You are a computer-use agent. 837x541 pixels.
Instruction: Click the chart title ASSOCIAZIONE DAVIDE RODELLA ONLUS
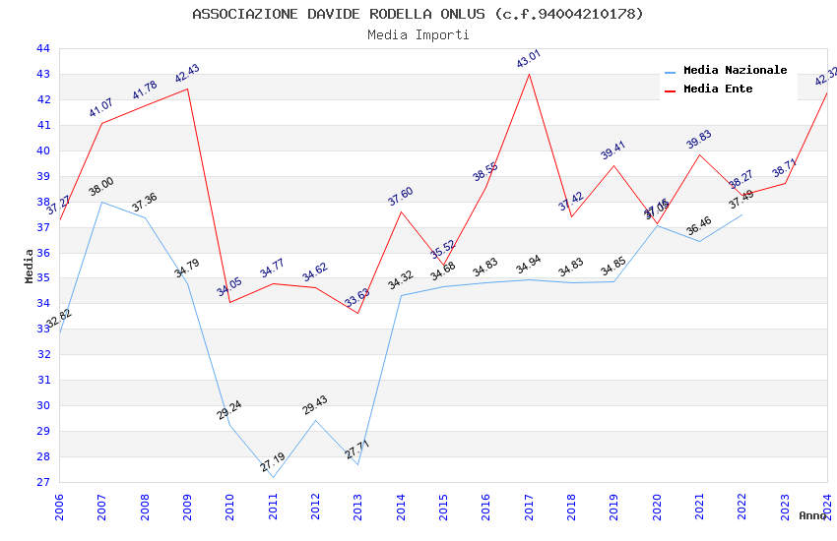tap(418, 14)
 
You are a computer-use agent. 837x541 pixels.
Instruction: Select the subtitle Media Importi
tap(418, 35)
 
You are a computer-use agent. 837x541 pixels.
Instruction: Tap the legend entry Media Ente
tap(717, 90)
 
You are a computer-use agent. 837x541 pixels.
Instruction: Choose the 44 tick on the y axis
tap(42, 49)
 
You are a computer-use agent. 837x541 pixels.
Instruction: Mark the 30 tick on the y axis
tap(42, 406)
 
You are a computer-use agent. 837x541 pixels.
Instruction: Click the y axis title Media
tap(30, 266)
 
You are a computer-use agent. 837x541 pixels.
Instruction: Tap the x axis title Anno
tap(812, 515)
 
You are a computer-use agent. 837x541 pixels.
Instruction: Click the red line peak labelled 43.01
tap(529, 74)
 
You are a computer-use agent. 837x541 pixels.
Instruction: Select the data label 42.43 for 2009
tap(187, 74)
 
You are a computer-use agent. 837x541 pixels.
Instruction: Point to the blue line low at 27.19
tap(273, 478)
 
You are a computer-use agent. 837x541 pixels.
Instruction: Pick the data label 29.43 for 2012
tap(315, 405)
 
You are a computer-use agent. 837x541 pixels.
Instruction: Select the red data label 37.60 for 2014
tap(400, 197)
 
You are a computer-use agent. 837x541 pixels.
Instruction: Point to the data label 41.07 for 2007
tap(101, 108)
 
